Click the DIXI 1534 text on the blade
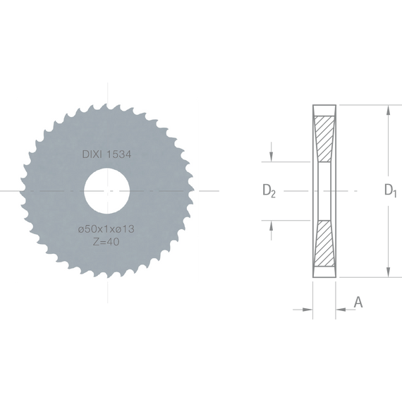point(106,154)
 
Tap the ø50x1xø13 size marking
point(106,229)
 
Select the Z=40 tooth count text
point(106,242)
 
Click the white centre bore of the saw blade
point(107,191)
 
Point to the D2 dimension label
point(269,191)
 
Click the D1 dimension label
point(391,190)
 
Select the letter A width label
point(358,302)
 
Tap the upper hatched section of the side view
point(324,139)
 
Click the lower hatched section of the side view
point(324,243)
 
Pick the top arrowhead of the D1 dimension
point(389,110)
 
